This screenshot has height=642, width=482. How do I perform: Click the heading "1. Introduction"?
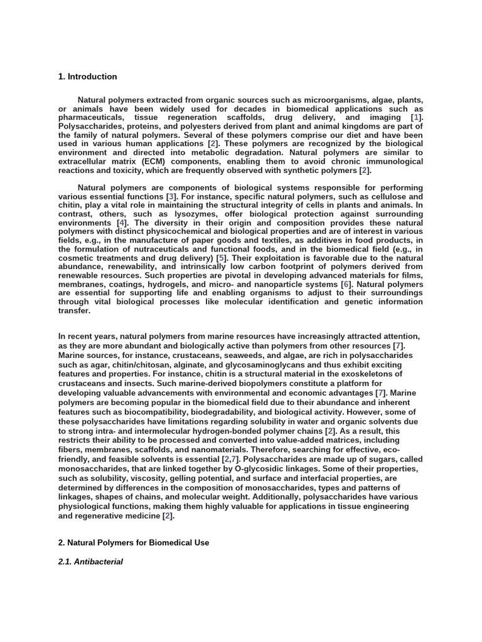pos(87,76)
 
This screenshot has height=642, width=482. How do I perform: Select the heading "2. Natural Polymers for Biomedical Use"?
pos(133,543)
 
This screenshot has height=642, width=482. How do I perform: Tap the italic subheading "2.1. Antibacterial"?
pos(90,562)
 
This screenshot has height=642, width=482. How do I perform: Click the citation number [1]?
pos(417,117)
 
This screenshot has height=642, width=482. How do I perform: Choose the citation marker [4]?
pos(122,223)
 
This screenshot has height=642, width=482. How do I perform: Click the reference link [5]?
pos(221,258)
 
